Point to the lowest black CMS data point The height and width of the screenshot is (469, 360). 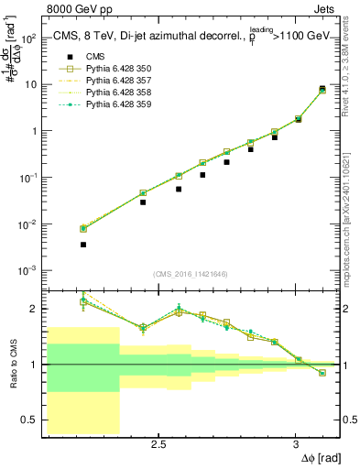83,245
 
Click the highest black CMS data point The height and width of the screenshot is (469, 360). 322,89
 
